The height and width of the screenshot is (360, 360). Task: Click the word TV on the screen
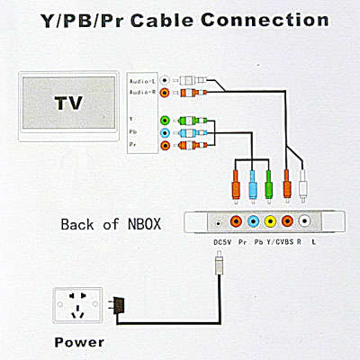[x=68, y=103]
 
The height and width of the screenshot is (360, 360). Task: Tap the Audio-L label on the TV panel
[x=142, y=81]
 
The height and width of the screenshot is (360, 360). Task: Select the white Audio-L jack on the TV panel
[x=165, y=80]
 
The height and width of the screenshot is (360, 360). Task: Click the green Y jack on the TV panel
[x=165, y=121]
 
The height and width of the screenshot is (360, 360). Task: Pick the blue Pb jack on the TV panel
[x=165, y=132]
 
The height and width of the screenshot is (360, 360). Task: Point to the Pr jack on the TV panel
[x=165, y=146]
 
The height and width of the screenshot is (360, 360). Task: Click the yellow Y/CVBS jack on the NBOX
[x=270, y=221]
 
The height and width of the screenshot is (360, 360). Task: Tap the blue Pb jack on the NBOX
[x=254, y=221]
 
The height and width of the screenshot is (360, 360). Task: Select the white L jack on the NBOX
[x=304, y=221]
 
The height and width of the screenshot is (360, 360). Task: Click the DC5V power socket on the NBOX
[x=219, y=223]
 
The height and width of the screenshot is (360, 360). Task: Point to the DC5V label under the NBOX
[x=222, y=242]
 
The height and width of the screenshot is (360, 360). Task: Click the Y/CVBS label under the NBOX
[x=280, y=242]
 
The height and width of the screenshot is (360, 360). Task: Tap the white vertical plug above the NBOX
[x=303, y=186]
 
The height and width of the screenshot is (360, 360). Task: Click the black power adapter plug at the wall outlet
[x=116, y=305]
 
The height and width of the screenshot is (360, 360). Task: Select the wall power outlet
[x=77, y=305]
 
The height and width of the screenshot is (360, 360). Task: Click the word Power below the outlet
[x=79, y=342]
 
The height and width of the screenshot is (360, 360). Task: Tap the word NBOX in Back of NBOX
[x=144, y=224]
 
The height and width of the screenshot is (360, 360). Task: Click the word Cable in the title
[x=162, y=20]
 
